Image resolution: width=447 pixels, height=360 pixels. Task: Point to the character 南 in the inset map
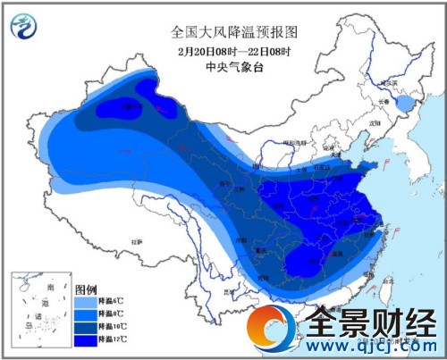[x=48, y=283]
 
